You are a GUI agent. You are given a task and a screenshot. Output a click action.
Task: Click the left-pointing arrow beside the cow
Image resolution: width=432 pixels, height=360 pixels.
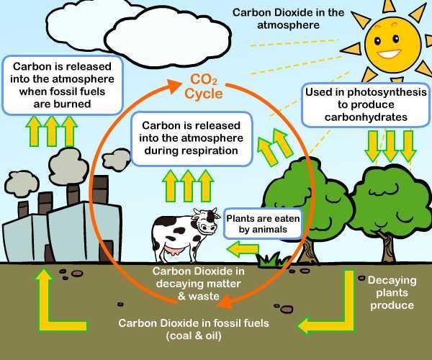click(x=243, y=249)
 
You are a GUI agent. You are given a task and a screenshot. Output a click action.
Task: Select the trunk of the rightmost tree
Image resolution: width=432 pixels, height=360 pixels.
click(x=389, y=246)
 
